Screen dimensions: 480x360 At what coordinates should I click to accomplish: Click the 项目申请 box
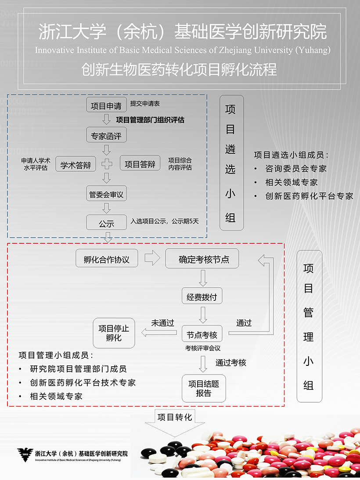(x=106, y=105)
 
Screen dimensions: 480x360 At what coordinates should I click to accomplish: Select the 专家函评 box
(x=106, y=136)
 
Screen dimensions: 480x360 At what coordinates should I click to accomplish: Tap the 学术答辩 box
(x=76, y=165)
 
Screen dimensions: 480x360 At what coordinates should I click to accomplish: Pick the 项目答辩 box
(x=140, y=164)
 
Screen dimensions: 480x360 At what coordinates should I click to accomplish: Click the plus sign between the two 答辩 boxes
(x=107, y=164)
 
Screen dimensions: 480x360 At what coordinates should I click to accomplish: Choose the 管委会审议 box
(x=106, y=194)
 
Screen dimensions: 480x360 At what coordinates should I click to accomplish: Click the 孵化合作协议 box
(x=106, y=259)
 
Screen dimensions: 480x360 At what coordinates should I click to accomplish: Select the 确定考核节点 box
(x=202, y=259)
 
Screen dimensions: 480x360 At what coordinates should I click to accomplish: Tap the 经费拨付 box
(x=202, y=297)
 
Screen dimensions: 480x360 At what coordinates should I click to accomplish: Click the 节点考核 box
(x=202, y=335)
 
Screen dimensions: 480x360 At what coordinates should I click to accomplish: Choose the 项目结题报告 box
(x=204, y=388)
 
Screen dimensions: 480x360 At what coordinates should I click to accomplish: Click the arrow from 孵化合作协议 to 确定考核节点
(x=152, y=258)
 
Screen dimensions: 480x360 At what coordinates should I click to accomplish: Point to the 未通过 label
(x=162, y=323)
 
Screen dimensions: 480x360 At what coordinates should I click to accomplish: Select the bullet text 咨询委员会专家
(x=296, y=168)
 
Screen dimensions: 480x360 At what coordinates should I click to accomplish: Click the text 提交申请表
(x=145, y=104)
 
